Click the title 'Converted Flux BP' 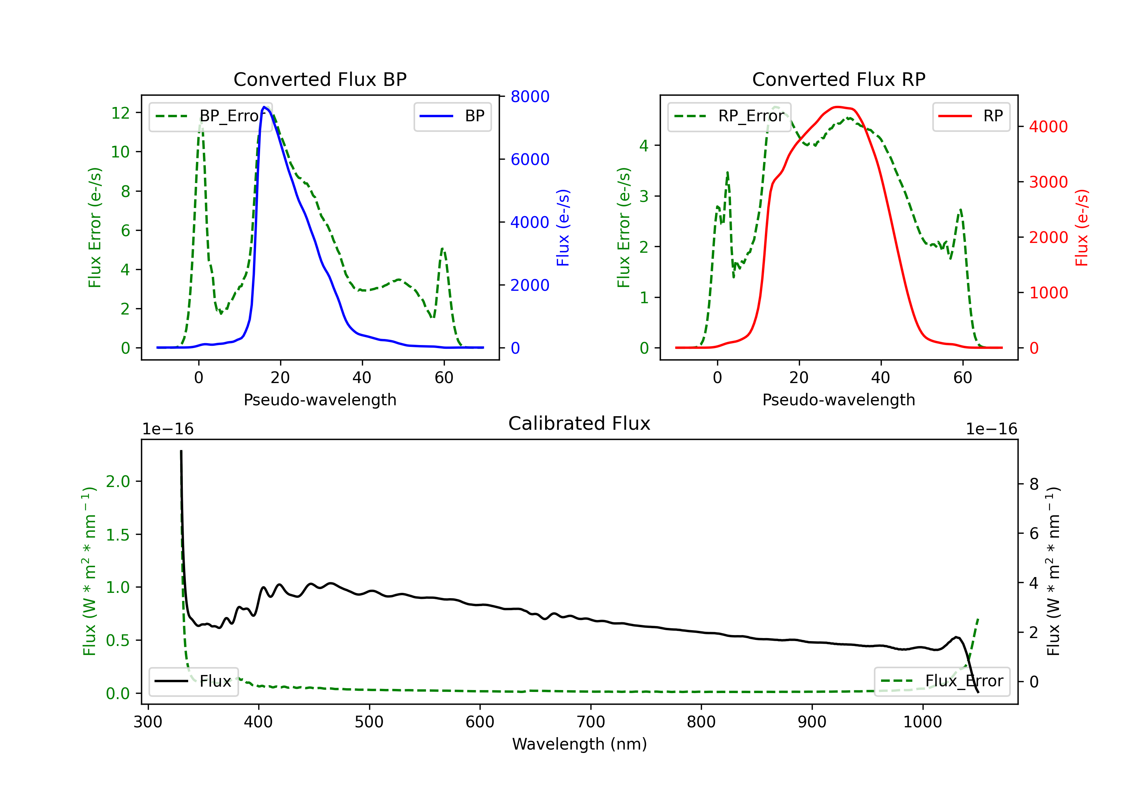click(320, 79)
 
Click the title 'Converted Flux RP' click(838, 79)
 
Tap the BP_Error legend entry click(210, 116)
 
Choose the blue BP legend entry click(452, 116)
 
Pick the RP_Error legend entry click(729, 116)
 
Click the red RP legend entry click(971, 116)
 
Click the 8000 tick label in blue click(530, 96)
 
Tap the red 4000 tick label click(1048, 127)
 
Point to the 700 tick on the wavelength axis click(591, 722)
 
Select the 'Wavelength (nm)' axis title click(579, 744)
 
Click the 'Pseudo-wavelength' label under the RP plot click(838, 400)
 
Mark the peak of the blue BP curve click(265, 107)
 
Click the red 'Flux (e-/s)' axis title click(1082, 228)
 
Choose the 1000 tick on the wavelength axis click(922, 722)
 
